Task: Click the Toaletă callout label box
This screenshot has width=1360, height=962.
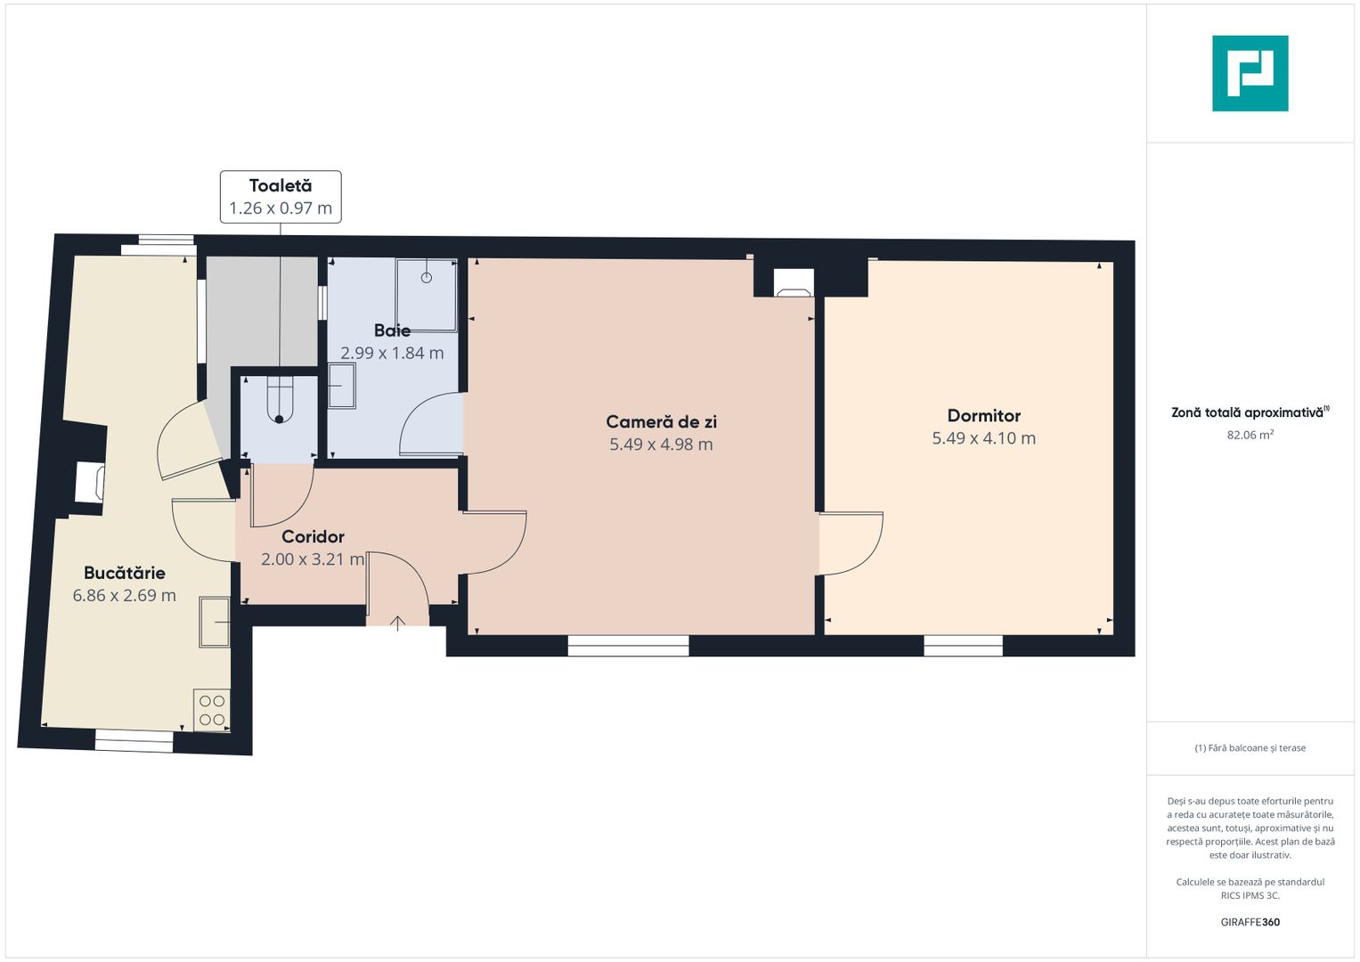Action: pos(281,197)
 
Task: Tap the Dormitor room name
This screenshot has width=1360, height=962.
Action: pos(983,416)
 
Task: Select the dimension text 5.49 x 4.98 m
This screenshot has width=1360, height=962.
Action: pos(661,444)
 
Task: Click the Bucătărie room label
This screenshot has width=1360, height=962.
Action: pos(125,573)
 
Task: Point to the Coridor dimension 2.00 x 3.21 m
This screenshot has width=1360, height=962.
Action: pos(313,559)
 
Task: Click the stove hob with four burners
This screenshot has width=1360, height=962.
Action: pos(212,710)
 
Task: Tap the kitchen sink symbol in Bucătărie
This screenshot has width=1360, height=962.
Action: pos(215,621)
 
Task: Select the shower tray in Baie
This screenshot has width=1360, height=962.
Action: pos(427,295)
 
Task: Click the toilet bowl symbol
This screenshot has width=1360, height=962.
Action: pos(280,400)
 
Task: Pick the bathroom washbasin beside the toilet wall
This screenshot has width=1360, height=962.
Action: pos(341,386)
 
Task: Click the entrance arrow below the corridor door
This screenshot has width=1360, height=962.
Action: pos(397,623)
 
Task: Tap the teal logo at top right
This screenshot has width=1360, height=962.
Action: pos(1250,73)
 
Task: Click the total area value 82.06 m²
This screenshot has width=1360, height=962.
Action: pos(1250,436)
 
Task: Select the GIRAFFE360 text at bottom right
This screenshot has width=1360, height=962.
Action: pos(1250,922)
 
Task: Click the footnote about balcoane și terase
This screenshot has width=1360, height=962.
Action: pos(1250,748)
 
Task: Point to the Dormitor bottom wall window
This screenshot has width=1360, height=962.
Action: pos(963,646)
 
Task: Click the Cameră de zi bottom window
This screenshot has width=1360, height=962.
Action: pos(628,646)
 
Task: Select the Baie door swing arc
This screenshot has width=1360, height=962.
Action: pos(430,426)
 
